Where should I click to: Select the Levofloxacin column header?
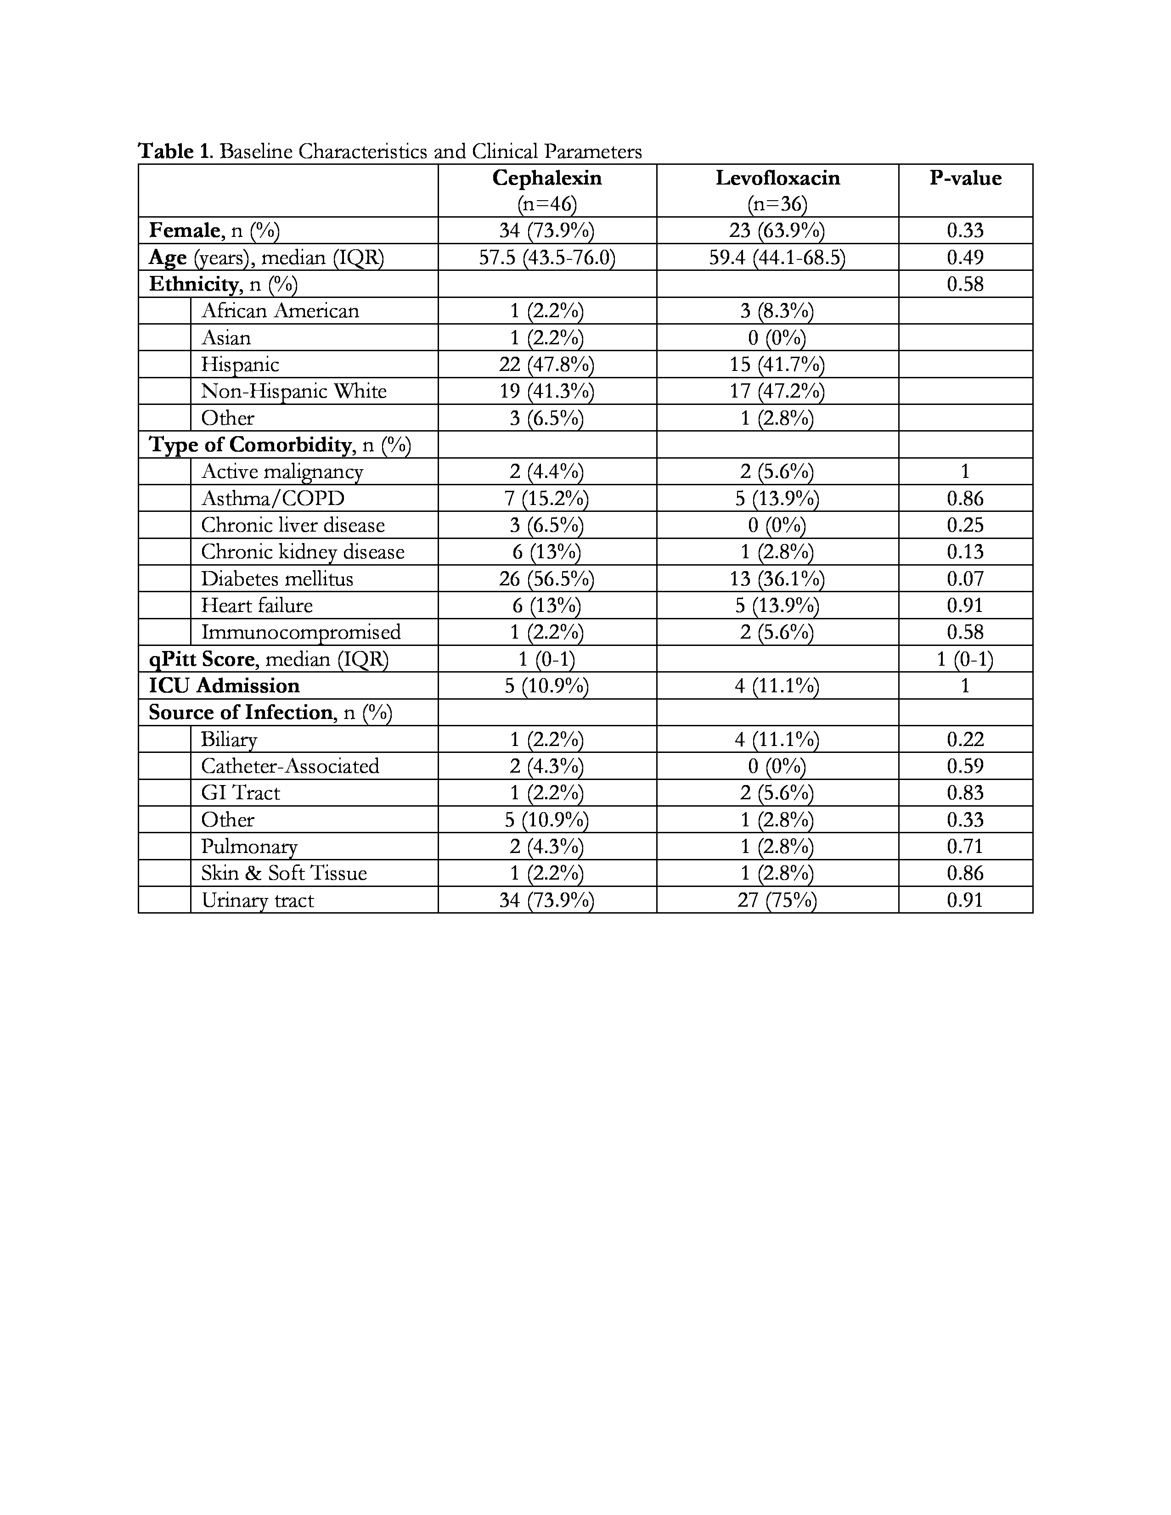777,178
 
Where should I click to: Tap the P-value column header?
965,178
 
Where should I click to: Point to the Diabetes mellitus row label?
277,578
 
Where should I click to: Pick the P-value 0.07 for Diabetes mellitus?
965,578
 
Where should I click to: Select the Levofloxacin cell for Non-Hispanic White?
777,391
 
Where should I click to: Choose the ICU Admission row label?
224,686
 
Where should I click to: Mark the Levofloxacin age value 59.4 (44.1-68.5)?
777,258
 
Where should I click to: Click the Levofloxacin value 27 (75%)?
777,900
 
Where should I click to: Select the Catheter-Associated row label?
290,766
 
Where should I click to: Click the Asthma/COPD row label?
273,498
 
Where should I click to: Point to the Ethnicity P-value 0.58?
965,284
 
